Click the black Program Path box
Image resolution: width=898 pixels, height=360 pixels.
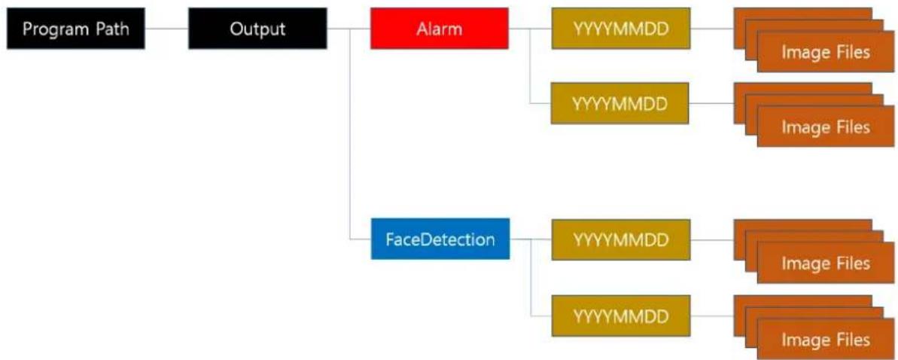(x=76, y=29)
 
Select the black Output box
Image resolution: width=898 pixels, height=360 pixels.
(x=257, y=29)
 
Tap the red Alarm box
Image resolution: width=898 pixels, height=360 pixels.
(x=440, y=29)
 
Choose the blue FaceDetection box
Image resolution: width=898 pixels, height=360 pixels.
(x=440, y=239)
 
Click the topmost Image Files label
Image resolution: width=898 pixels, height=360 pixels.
(x=826, y=53)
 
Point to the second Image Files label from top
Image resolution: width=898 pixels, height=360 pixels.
(x=826, y=127)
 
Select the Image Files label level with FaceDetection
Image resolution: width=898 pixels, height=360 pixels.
(x=826, y=263)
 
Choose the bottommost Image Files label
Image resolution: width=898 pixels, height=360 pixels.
(x=826, y=340)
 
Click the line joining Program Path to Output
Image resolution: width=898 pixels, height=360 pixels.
(x=166, y=29)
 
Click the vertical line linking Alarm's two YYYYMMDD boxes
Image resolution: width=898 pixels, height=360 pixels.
(x=531, y=66)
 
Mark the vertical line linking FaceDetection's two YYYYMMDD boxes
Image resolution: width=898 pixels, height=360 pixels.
(x=531, y=277)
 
